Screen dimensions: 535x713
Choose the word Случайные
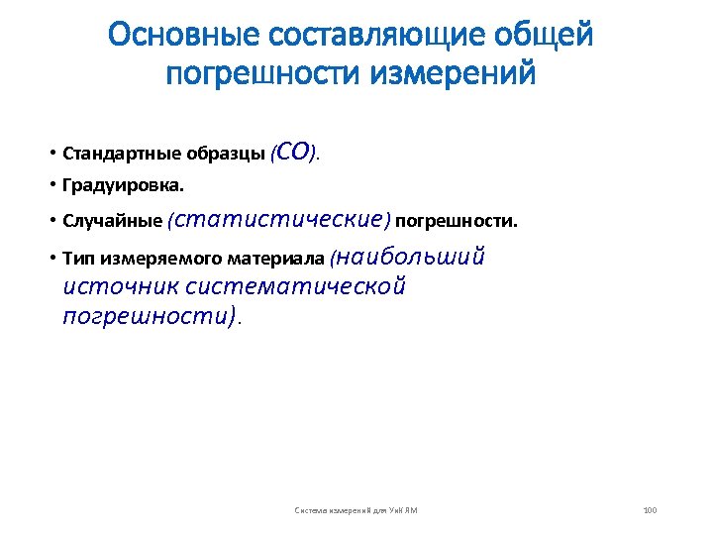(112, 220)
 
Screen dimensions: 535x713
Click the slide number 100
(650, 510)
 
